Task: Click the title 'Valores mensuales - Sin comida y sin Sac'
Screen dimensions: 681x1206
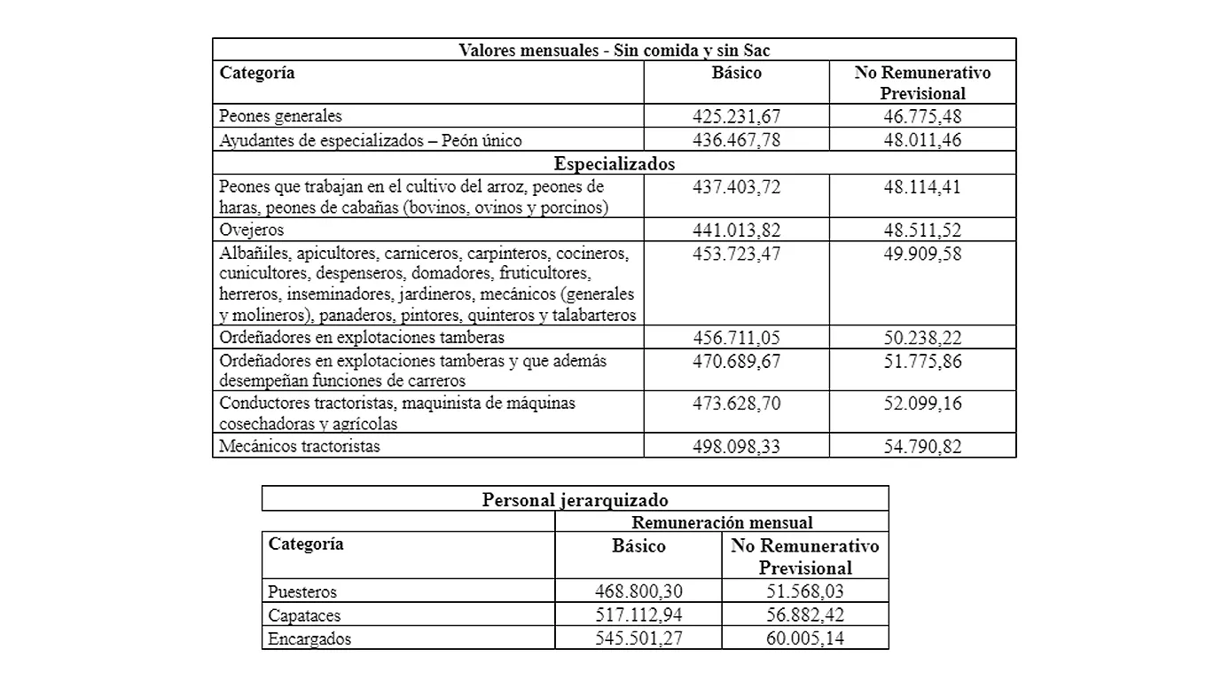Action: pos(614,51)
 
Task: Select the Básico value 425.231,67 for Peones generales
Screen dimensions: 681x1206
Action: pos(736,116)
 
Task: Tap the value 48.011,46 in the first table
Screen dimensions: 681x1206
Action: pos(922,140)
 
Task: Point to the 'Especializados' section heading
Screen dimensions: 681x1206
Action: pos(614,164)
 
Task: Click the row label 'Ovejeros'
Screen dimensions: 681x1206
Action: pos(252,231)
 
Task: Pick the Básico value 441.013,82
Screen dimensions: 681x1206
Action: pos(736,231)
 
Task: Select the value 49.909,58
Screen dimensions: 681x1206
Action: pos(922,254)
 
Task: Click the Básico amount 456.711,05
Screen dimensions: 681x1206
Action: pos(736,338)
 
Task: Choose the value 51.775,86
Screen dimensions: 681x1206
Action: pos(922,362)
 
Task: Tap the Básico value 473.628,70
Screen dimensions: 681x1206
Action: pos(736,403)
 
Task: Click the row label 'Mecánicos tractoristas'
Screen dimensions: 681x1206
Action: pos(300,446)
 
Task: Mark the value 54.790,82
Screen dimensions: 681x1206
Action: pos(922,446)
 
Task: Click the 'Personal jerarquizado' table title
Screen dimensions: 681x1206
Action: pos(575,499)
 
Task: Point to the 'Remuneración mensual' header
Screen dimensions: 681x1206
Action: pos(721,522)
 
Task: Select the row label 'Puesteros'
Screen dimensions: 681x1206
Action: pos(302,591)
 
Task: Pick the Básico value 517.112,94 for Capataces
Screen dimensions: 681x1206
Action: pos(638,614)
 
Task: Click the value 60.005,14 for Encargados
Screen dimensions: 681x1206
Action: pos(804,638)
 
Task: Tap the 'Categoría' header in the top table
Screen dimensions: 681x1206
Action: pos(257,73)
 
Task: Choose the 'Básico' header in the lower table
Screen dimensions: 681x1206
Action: pos(638,546)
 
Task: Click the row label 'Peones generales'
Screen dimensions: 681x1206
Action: pos(280,116)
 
